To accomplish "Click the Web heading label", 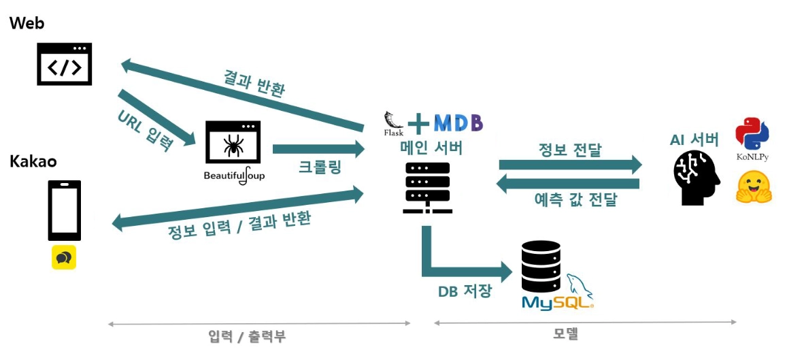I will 27,23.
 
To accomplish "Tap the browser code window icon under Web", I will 64,64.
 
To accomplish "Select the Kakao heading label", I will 33,161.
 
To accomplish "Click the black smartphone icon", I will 64,210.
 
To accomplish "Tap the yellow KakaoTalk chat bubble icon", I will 64,257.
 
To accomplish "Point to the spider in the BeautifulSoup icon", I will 233,144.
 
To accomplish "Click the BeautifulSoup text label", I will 234,176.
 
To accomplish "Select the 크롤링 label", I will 320,167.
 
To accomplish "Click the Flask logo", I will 394,123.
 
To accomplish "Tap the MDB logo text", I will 458,122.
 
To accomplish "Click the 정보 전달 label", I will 570,150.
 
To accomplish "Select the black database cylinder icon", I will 541,266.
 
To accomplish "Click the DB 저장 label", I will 464,291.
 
